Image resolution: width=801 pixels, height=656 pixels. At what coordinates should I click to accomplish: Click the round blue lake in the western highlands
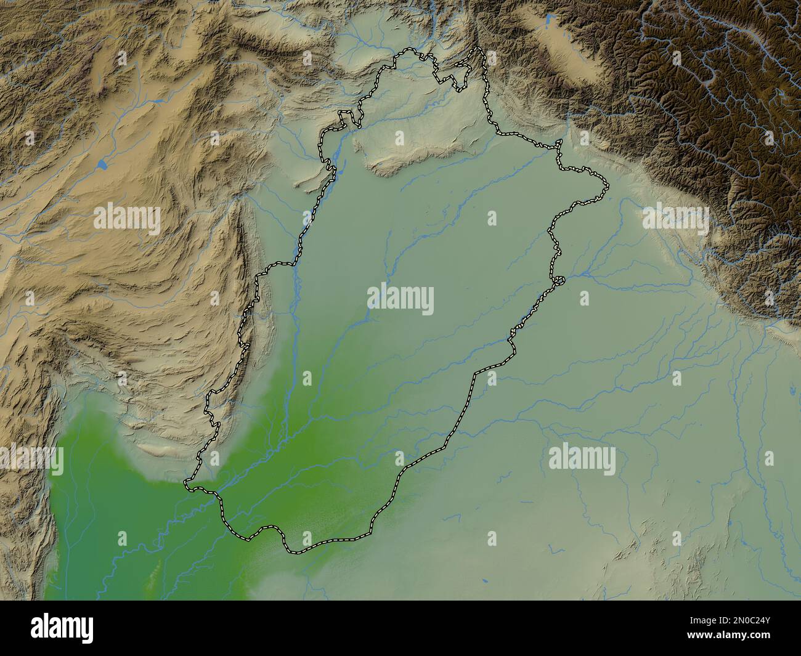pos(100,165)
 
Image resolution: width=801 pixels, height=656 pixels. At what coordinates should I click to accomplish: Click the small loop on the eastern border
pos(560,281)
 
